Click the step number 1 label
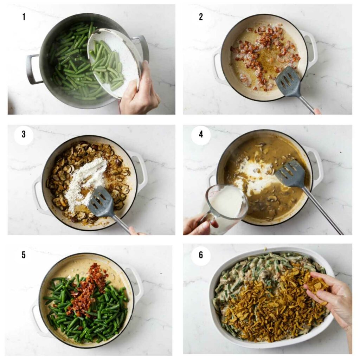click(x=24, y=17)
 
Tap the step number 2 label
click(x=201, y=17)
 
